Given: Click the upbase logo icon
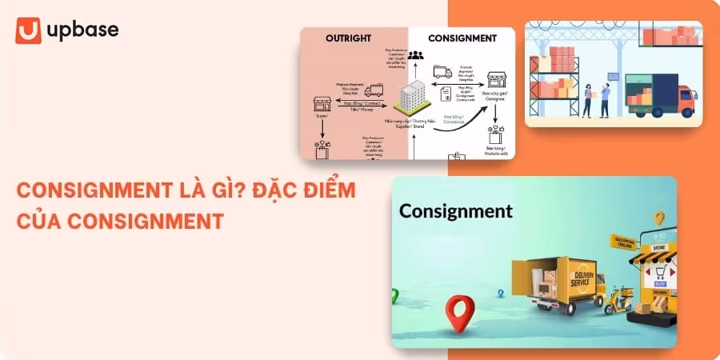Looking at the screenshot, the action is [x=28, y=30].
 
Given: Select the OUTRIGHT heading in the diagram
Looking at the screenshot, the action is [x=354, y=38].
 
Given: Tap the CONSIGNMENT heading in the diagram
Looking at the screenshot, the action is [x=462, y=38].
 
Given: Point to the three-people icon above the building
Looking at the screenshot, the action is [x=414, y=55].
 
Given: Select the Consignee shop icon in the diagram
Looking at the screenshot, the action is [x=498, y=80].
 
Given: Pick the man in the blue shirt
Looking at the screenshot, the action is [x=605, y=98].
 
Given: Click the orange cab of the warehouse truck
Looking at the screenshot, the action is [x=684, y=101].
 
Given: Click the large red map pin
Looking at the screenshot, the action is [x=457, y=313].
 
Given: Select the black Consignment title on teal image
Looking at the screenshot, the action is [x=455, y=211].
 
